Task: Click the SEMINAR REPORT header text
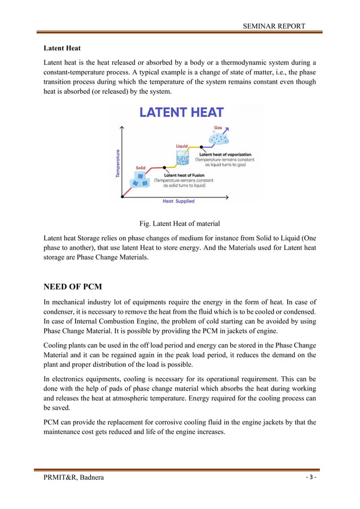274,26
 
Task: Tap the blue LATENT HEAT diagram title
181,112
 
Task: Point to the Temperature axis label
118,163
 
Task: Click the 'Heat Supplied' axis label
178,201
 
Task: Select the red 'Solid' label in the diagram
141,168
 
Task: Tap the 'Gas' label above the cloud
218,128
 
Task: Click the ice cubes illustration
139,180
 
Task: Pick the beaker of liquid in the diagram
182,159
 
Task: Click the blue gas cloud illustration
219,138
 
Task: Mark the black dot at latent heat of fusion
164,168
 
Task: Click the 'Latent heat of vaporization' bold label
225,154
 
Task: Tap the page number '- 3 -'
311,478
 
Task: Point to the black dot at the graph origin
124,197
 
